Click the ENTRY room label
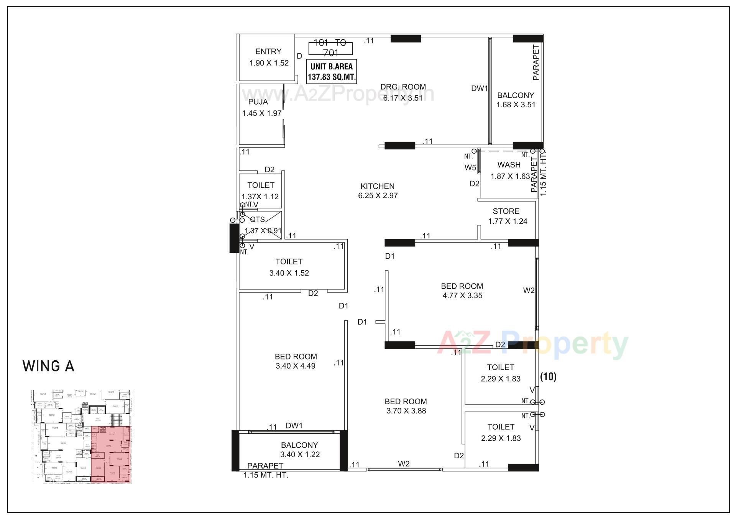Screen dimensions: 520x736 [x=268, y=51]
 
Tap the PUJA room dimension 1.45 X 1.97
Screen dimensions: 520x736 [x=262, y=113]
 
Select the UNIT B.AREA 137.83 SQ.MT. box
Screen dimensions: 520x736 [x=332, y=71]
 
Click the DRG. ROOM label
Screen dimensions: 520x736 [x=403, y=87]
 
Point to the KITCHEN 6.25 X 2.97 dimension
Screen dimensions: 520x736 [x=378, y=195]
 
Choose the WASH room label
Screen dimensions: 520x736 [x=509, y=165]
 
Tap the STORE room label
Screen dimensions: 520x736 [x=506, y=211]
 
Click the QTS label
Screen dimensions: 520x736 [x=257, y=220]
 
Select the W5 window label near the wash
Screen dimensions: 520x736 [x=470, y=167]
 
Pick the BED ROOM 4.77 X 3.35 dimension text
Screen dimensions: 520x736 [x=462, y=295]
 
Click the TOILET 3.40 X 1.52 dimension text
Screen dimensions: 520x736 [x=289, y=273]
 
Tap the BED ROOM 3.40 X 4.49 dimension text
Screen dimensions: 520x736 [x=296, y=366]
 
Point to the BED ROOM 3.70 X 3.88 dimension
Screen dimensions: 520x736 [x=406, y=411]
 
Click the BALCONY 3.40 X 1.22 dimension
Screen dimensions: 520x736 [x=300, y=454]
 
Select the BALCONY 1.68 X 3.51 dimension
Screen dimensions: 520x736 [x=516, y=105]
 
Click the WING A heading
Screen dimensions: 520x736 [x=48, y=366]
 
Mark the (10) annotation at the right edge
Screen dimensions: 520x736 [x=548, y=377]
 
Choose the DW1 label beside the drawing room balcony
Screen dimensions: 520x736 [x=479, y=89]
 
